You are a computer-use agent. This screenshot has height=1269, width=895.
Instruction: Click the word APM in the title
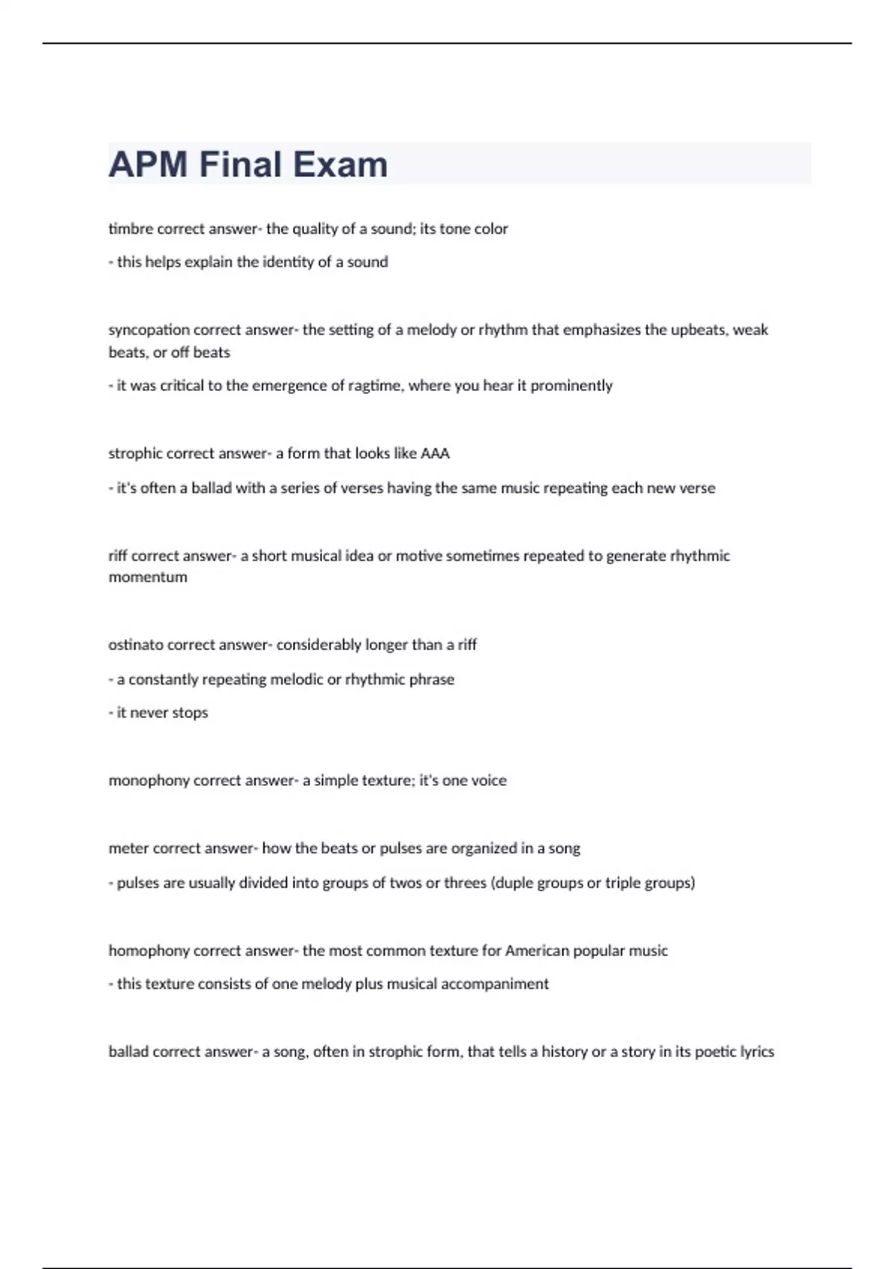click(x=148, y=164)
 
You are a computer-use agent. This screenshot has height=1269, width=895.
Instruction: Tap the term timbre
click(x=131, y=229)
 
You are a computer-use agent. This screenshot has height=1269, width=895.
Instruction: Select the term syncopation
click(x=149, y=330)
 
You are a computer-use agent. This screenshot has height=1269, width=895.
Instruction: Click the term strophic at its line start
click(x=135, y=454)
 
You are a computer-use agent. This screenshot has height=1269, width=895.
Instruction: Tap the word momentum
click(x=148, y=577)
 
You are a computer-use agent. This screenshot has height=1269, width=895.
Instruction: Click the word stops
click(x=189, y=713)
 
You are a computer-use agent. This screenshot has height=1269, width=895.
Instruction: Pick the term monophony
click(x=149, y=781)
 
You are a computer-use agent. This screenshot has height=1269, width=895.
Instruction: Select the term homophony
click(x=149, y=951)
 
